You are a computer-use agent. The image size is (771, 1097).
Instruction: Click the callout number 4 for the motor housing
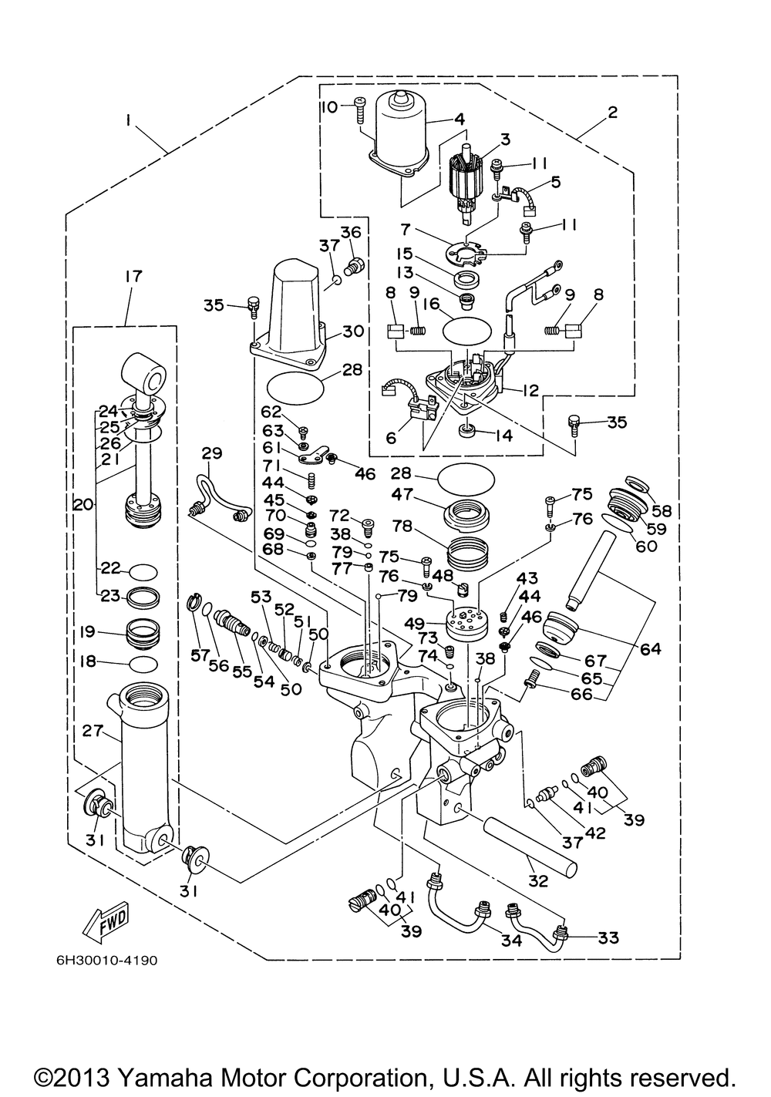click(x=460, y=119)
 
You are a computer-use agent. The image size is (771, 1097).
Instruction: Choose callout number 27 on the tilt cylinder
click(x=93, y=731)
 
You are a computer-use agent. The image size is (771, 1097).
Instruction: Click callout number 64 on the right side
click(x=650, y=649)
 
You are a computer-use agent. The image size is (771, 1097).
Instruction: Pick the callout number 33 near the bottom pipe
click(x=608, y=938)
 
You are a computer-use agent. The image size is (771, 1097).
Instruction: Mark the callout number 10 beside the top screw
click(x=329, y=106)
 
